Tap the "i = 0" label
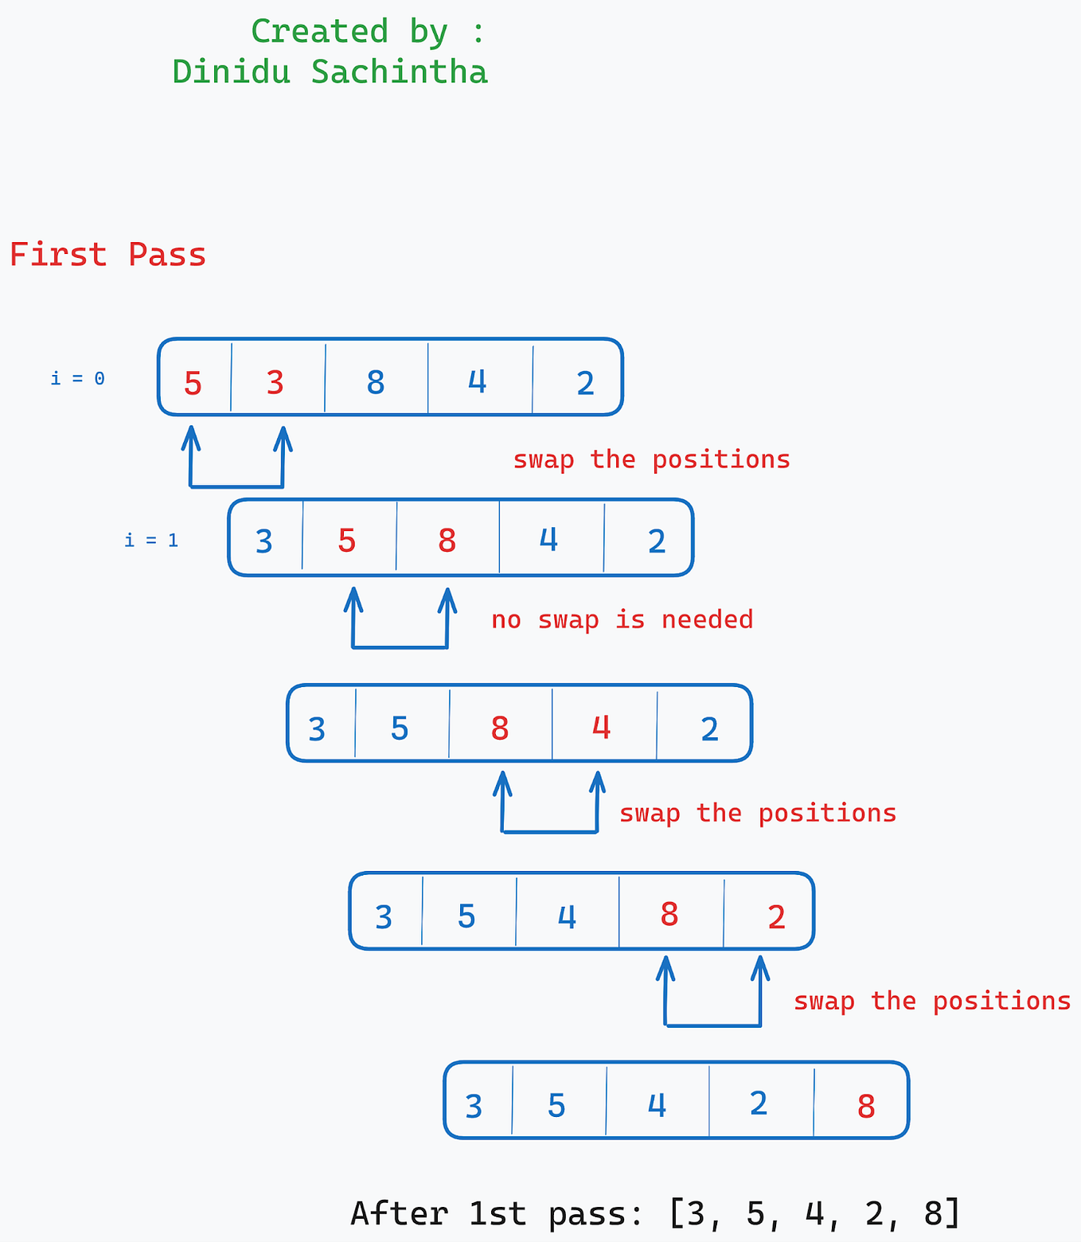77,378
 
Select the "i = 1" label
151,541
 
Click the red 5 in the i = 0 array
193,384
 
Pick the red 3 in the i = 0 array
275,383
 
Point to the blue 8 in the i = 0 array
376,383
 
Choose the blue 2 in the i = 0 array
585,384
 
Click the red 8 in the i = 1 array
447,541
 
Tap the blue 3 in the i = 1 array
263,542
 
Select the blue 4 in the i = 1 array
548,540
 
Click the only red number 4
601,727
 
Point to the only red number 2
776,917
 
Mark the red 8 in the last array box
866,1107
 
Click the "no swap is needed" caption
622,619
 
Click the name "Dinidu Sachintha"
330,72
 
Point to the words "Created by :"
367,32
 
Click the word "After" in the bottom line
399,1214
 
